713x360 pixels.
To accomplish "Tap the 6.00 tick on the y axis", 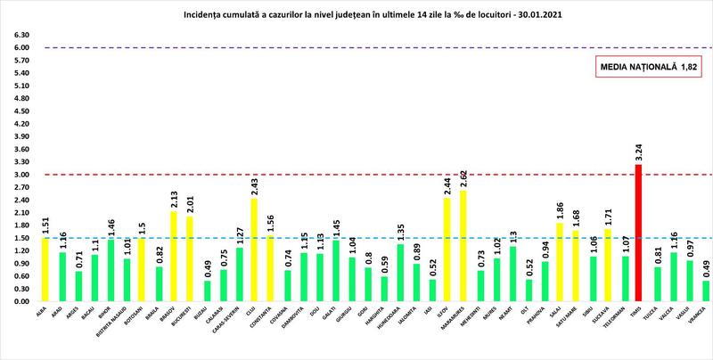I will pos(19,48).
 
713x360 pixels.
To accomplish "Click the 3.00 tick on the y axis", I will pos(19,175).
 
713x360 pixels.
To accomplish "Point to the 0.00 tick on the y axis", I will pos(19,301).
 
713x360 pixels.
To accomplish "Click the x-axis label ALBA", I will pos(42,312).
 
